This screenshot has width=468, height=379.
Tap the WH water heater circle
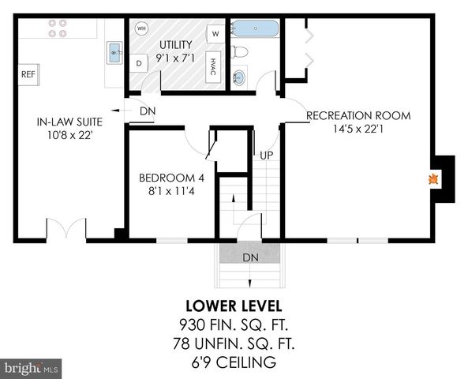click(142, 28)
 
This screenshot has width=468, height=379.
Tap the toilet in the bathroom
click(241, 52)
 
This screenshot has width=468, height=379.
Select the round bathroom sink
click(240, 77)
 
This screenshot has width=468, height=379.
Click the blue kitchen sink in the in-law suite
click(114, 54)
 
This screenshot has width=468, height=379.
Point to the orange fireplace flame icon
click(432, 179)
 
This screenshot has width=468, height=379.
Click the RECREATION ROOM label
click(358, 115)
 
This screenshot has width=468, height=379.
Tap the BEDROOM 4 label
click(166, 177)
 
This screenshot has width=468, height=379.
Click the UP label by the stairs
click(267, 155)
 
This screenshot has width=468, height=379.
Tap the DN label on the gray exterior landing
click(249, 257)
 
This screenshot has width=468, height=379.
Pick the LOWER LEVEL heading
click(234, 306)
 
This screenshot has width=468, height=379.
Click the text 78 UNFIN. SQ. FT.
click(234, 343)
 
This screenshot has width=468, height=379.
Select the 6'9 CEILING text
click(234, 362)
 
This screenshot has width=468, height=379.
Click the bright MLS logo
click(32, 368)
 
